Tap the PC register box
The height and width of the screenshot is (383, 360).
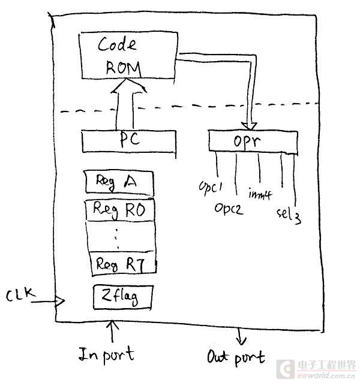[128, 140]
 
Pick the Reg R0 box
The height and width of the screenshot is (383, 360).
[120, 210]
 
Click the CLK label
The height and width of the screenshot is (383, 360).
[21, 295]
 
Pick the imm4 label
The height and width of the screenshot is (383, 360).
[259, 193]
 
